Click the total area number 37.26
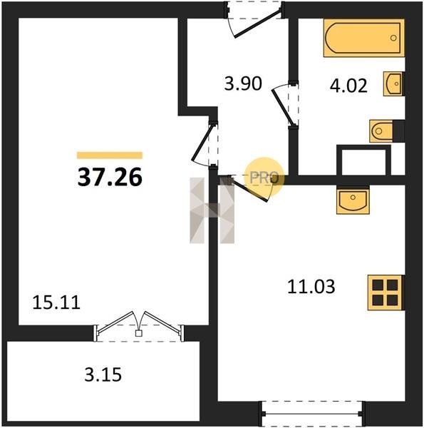[x=110, y=177]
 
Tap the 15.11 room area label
[x=56, y=302]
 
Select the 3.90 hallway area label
[x=243, y=83]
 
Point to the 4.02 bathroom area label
[x=348, y=86]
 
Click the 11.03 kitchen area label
[x=311, y=287]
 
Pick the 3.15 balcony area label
[x=103, y=374]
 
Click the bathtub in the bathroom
[x=364, y=38]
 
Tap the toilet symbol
[x=382, y=131]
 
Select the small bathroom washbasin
[x=393, y=83]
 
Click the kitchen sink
[x=353, y=200]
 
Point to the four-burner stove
[x=385, y=292]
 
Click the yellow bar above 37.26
[x=110, y=156]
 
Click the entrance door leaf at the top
[x=257, y=24]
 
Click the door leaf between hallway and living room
[x=202, y=143]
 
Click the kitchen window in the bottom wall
[x=311, y=414]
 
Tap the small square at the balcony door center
[x=138, y=333]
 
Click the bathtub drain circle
[x=393, y=38]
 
